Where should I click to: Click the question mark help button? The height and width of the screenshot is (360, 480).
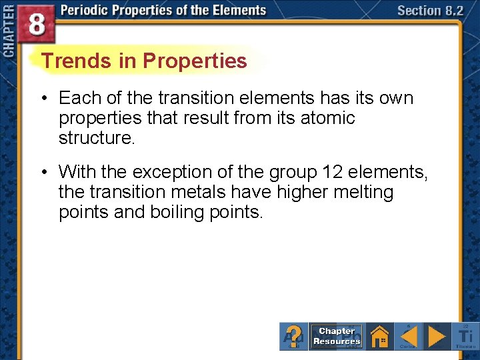[294, 335]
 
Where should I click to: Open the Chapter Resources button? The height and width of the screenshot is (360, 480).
[337, 336]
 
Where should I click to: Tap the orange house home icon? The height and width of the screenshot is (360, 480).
[380, 335]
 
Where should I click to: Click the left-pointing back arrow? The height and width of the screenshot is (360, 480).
[409, 335]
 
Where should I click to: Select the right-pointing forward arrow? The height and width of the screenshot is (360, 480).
[437, 335]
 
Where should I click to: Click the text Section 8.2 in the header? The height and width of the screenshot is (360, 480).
[430, 11]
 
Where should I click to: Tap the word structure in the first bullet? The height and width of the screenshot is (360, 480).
[93, 138]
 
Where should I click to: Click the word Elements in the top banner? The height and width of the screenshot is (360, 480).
[233, 11]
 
